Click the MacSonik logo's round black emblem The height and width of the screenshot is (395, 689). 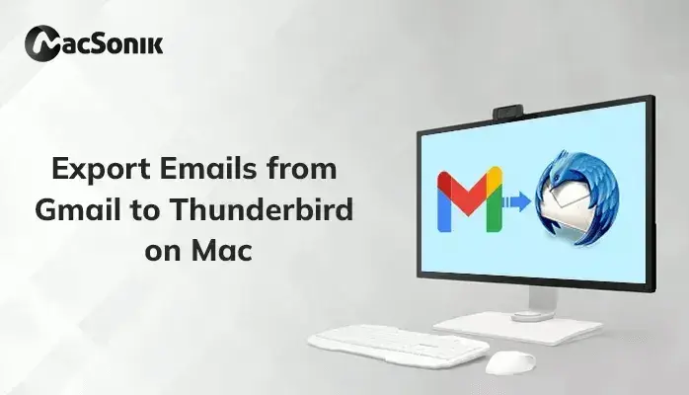[42, 43]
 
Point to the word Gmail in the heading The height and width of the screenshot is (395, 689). [77, 209]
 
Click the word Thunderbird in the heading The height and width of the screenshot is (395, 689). [262, 209]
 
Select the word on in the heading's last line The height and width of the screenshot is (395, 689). [163, 253]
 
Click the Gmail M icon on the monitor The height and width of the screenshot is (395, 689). [470, 199]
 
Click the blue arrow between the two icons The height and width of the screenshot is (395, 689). [517, 201]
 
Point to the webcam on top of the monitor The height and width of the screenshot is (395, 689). [508, 112]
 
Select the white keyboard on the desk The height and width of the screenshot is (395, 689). [399, 345]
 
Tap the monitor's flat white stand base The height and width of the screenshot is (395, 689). [518, 328]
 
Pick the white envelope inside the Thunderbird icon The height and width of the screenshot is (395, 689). [567, 207]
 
